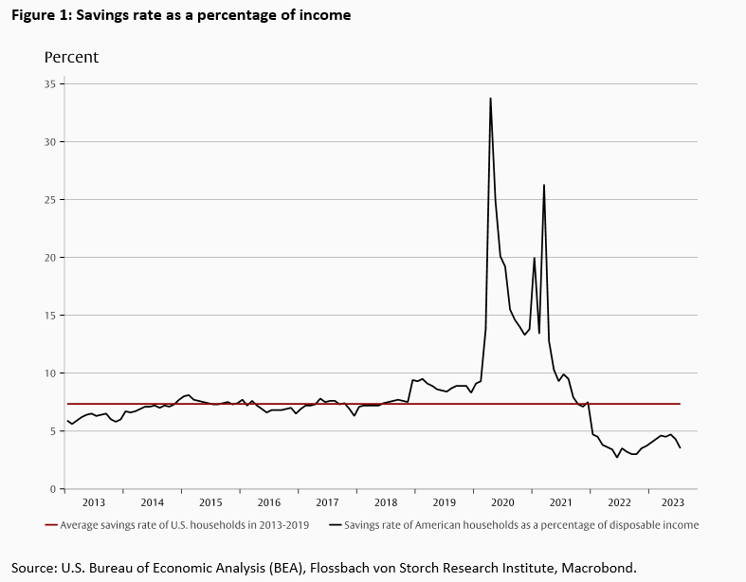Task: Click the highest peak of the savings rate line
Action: point(490,98)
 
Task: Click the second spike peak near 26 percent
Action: point(544,185)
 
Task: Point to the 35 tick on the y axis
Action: point(52,83)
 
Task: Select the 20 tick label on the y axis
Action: point(52,257)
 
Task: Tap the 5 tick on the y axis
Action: point(54,431)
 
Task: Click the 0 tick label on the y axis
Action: point(54,489)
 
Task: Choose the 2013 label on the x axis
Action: point(94,502)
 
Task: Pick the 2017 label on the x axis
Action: point(327,502)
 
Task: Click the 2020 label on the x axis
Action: point(502,502)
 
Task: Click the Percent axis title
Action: point(71,58)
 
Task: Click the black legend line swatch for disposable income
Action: point(335,525)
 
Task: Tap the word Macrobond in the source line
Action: point(600,568)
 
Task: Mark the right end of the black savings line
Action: point(680,447)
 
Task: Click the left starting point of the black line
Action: point(66,421)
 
